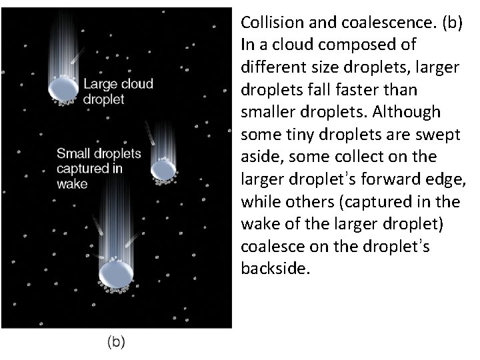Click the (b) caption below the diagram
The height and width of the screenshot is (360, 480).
(x=116, y=342)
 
